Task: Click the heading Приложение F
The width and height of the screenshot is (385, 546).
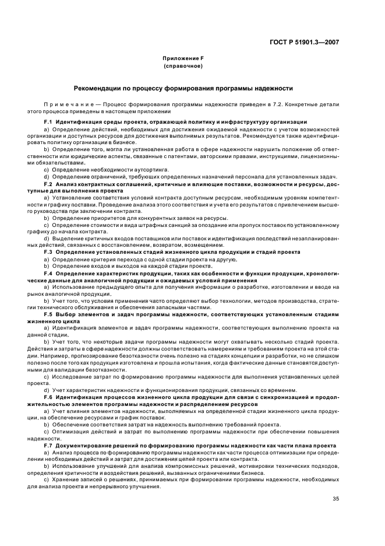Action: tap(183, 59)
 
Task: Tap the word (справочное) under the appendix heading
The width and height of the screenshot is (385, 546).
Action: tap(183, 66)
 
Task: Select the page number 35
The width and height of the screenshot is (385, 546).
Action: tap(335, 498)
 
